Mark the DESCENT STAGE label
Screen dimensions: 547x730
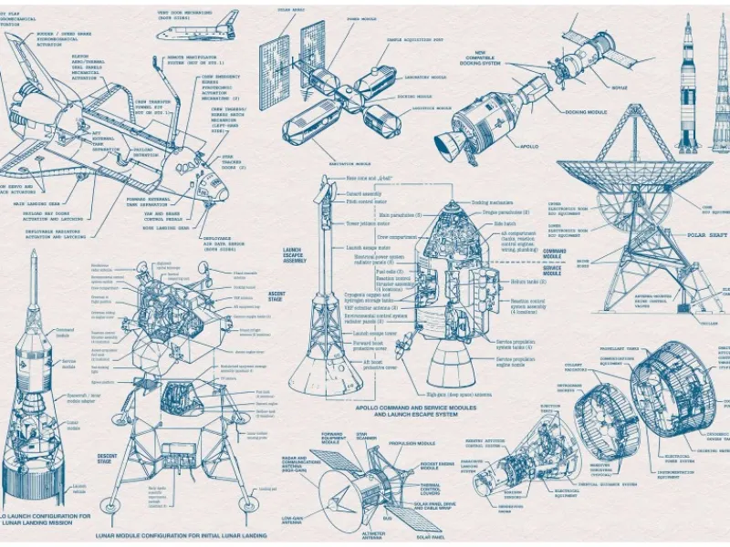click(x=107, y=459)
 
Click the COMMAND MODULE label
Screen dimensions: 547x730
click(x=555, y=254)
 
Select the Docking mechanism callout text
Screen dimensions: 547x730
click(x=492, y=202)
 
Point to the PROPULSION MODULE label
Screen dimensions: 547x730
click(x=413, y=444)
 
